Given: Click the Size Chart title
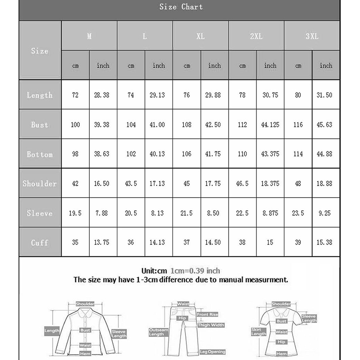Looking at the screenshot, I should tap(181, 7).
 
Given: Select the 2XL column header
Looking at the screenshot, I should tap(256, 36).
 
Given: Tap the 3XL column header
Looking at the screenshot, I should tap(312, 36).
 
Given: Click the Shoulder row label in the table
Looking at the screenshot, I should tap(40, 184).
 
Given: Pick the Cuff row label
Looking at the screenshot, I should tap(40, 243).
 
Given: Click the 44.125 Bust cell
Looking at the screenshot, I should tap(270, 125).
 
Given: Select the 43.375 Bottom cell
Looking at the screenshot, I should tap(270, 154).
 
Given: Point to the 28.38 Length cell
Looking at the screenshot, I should tap(103, 95).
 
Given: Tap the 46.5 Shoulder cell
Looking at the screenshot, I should tap(242, 184).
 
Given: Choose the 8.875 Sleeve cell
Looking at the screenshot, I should tap(270, 213).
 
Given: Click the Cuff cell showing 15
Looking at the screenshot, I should tap(270, 243).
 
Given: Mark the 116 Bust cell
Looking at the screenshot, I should tap(298, 125).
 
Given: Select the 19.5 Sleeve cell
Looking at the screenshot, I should tap(75, 213).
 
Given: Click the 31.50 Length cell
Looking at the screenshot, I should tap(326, 95).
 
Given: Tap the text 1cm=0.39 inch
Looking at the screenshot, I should tap(195, 271).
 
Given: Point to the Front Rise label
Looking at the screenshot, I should tap(207, 314).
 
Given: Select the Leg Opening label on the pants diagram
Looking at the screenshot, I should tap(213, 352).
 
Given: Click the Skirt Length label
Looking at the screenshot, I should tap(259, 332).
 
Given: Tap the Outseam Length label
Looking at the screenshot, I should tap(158, 332).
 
